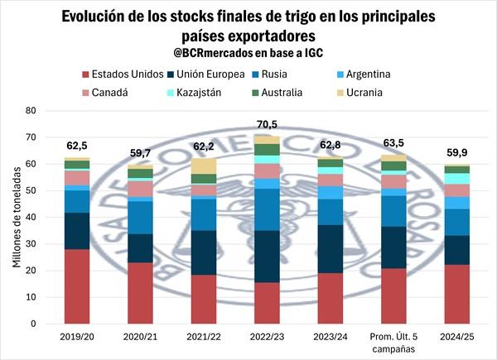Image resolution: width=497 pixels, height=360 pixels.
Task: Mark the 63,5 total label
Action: (x=393, y=144)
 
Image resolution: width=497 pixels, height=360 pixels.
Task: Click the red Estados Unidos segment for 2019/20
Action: (x=77, y=286)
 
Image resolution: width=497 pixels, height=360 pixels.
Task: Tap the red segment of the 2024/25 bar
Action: (x=456, y=295)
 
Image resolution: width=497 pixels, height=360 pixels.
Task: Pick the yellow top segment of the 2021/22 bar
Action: (x=204, y=166)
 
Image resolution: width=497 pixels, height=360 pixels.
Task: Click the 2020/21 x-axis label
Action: (x=140, y=337)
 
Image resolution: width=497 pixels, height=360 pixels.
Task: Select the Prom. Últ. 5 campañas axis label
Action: (x=393, y=342)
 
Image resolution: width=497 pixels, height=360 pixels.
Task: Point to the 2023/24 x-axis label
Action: (x=330, y=337)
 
